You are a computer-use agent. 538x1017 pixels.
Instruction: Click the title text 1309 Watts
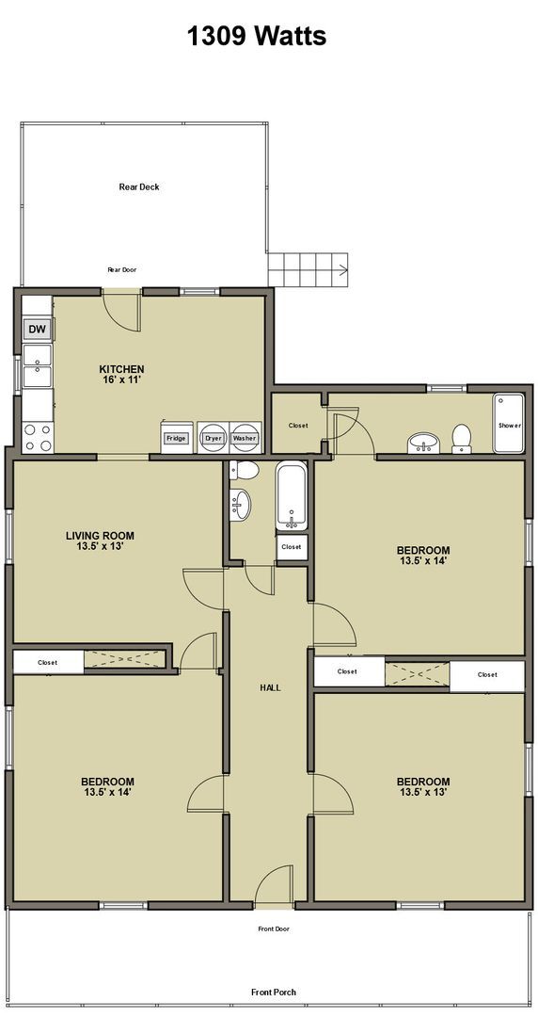coord(256,37)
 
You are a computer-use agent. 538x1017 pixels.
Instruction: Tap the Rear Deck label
coord(138,186)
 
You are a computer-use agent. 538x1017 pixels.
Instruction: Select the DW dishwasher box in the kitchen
coord(37,329)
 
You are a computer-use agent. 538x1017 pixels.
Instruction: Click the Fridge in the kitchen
coord(176,438)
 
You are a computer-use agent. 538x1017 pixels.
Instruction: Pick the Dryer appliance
coord(214,437)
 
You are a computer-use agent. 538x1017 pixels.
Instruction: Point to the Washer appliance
coord(245,437)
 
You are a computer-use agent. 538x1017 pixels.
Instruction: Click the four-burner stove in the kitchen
coord(37,436)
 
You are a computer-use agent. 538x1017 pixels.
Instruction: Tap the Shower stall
coord(509,424)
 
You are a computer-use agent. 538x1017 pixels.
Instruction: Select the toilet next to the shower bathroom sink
coord(462,439)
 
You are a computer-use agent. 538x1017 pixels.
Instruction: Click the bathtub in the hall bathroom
coord(292,496)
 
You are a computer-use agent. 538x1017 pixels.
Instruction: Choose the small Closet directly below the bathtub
coord(292,547)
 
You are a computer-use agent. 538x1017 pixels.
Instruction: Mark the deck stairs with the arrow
coord(308,268)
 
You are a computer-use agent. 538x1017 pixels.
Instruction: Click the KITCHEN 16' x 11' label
coord(122,374)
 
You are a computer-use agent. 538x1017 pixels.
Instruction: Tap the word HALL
coord(270,687)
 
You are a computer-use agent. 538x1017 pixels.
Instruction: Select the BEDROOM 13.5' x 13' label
coord(422,786)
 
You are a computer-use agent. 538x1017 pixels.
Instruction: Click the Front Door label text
coord(274,928)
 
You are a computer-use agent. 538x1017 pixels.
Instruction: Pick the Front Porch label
coord(274,992)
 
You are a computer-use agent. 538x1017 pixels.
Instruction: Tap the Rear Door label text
coord(122,269)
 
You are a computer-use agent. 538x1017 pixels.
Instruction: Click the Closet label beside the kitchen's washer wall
coord(298,426)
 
